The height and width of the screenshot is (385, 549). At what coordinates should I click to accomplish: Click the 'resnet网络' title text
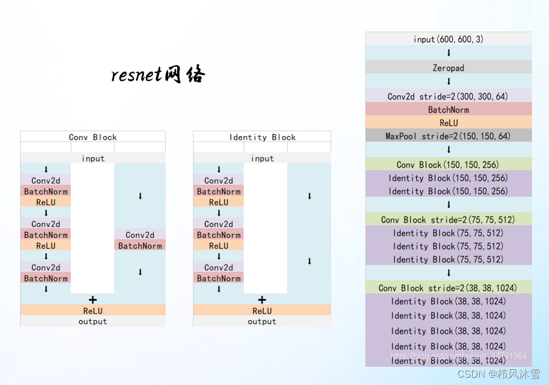(x=158, y=75)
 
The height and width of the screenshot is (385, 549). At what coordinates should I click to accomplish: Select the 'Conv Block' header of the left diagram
(x=93, y=137)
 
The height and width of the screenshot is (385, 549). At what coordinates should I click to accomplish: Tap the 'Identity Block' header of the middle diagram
(x=262, y=137)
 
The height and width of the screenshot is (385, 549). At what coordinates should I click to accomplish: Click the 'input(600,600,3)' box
(x=448, y=39)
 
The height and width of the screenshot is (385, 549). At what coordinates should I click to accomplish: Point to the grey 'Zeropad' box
(x=448, y=68)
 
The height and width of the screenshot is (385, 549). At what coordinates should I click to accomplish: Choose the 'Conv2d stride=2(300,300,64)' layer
(x=448, y=97)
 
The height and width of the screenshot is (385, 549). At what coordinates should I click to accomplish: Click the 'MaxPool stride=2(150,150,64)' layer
(x=448, y=136)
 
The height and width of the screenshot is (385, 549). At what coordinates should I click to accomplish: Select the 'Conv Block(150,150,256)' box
(x=448, y=165)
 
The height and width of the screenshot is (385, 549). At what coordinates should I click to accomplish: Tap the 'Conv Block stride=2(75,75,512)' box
(x=448, y=220)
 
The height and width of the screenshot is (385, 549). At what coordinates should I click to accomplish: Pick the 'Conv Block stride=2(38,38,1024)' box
(x=448, y=288)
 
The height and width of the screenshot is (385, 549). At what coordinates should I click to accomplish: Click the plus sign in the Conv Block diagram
(x=93, y=299)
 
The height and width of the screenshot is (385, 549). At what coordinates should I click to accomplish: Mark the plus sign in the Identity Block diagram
(x=262, y=299)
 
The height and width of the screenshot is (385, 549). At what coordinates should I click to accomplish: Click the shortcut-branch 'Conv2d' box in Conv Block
(x=140, y=235)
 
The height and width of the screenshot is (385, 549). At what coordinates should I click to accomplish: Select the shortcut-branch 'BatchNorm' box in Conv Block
(x=140, y=246)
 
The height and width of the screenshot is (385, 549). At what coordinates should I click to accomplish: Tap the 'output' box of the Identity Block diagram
(x=262, y=321)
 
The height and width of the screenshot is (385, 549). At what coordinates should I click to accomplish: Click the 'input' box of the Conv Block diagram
(x=93, y=158)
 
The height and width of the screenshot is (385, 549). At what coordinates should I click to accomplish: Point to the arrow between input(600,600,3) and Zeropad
(x=448, y=53)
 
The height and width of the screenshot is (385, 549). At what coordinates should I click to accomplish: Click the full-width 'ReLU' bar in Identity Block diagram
(x=262, y=311)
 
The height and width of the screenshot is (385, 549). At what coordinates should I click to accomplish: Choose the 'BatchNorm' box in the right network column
(x=448, y=110)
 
